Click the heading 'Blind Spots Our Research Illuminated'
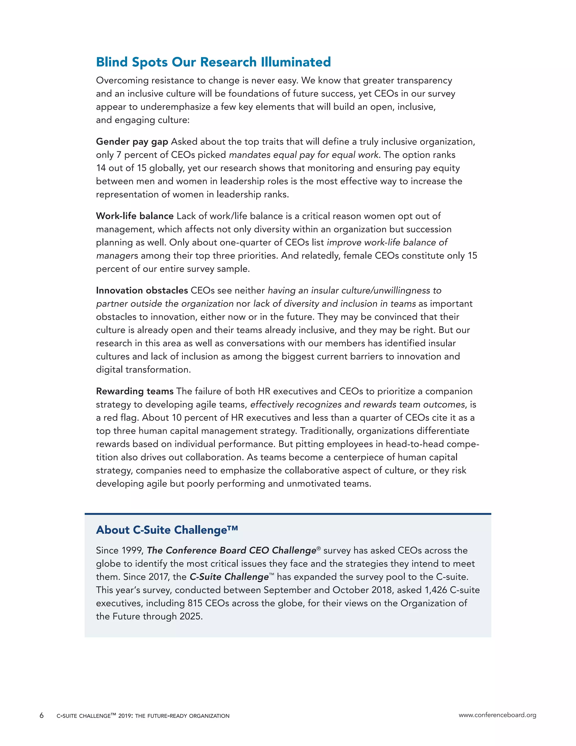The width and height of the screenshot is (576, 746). [x=213, y=62]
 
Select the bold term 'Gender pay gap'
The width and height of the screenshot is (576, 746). [x=132, y=142]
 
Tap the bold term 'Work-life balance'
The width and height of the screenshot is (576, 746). [x=135, y=216]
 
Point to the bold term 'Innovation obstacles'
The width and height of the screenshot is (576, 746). [x=142, y=291]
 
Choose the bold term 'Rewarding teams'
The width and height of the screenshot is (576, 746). [x=135, y=392]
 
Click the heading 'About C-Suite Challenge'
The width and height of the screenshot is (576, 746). [x=167, y=530]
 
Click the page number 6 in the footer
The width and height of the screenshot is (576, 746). [x=42, y=715]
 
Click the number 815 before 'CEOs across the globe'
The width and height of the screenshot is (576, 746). [x=195, y=604]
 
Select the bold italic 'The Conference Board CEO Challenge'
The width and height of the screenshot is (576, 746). [x=232, y=551]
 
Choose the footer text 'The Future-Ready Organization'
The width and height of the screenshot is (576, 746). [x=182, y=716]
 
